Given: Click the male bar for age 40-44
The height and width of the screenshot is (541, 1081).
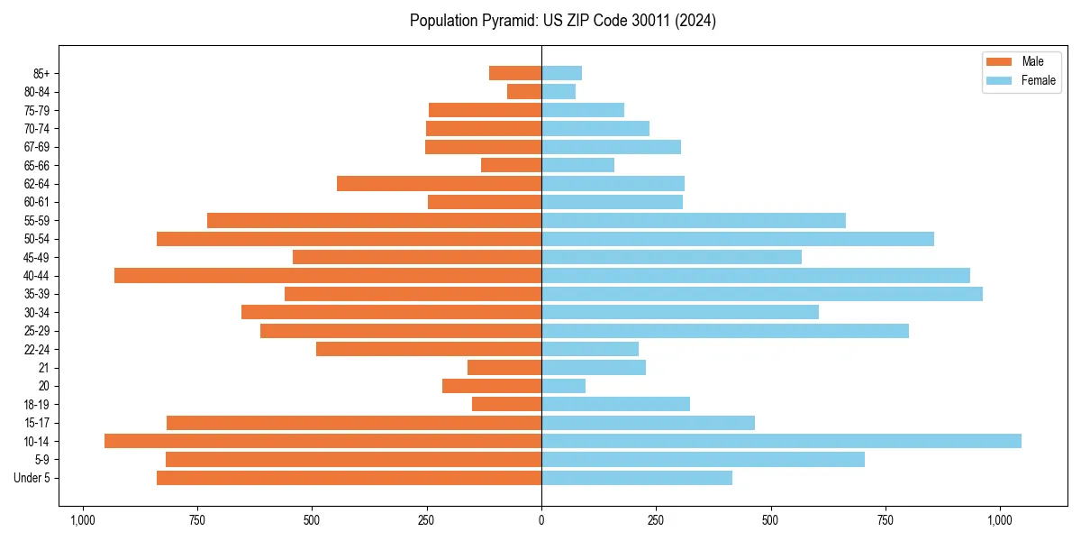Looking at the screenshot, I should pos(328,275).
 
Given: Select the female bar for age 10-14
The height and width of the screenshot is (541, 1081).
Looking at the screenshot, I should pos(781,441).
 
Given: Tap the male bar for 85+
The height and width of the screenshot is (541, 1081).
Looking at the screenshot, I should pos(515,73).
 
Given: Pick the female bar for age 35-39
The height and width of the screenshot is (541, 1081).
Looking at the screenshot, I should pos(762,294).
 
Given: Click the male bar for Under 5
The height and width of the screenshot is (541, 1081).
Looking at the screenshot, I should pos(349,478).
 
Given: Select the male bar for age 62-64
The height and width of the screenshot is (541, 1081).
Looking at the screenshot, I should pos(439,183).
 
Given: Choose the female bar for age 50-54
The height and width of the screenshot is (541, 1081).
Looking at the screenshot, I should pos(738,239).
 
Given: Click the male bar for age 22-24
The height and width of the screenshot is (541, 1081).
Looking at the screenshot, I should pos(429,349).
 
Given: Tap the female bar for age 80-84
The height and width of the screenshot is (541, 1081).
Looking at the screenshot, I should pos(559,91).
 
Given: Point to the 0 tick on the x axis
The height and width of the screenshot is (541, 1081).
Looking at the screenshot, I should pos(541,521).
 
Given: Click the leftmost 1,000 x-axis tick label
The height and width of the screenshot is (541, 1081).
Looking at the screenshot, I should pos(83,521).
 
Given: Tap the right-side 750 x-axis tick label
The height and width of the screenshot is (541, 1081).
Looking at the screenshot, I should pos(886,521).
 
